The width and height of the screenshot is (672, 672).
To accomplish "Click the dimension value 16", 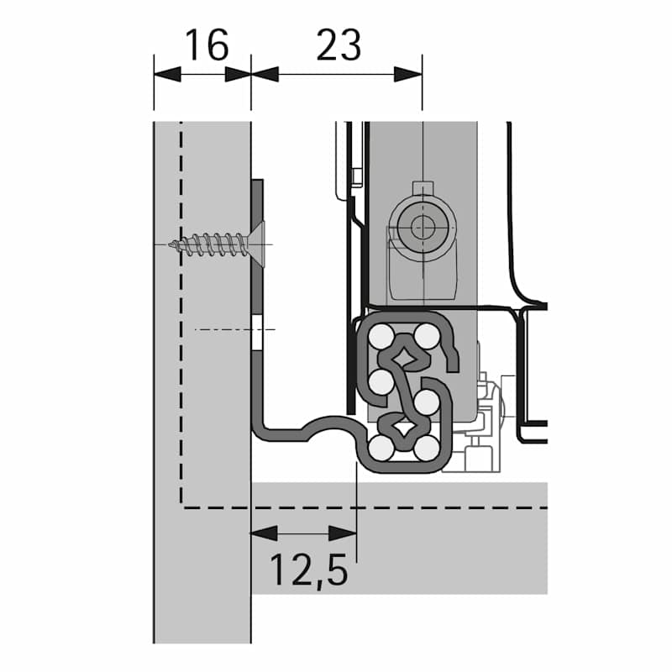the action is pos(207,45).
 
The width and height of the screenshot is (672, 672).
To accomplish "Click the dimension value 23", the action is pos(339,45).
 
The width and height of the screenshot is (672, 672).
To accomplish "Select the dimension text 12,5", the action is pos(308,570).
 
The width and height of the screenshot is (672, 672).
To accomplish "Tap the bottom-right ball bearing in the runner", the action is pos(427,449).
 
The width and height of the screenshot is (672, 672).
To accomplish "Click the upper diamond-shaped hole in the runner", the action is pos(404,356).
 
